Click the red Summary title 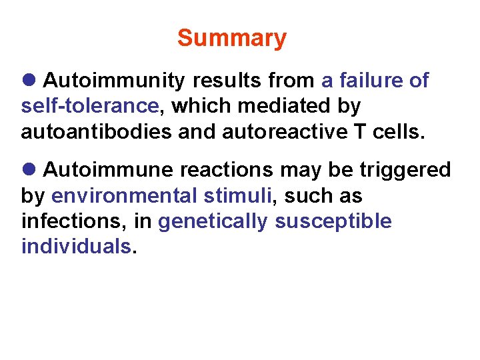pyautogui.click(x=231, y=39)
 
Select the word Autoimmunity pyautogui.click(x=113, y=81)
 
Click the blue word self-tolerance pyautogui.click(x=90, y=106)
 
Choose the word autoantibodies pyautogui.click(x=96, y=131)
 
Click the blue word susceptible pyautogui.click(x=333, y=221)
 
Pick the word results pyautogui.click(x=226, y=81)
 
